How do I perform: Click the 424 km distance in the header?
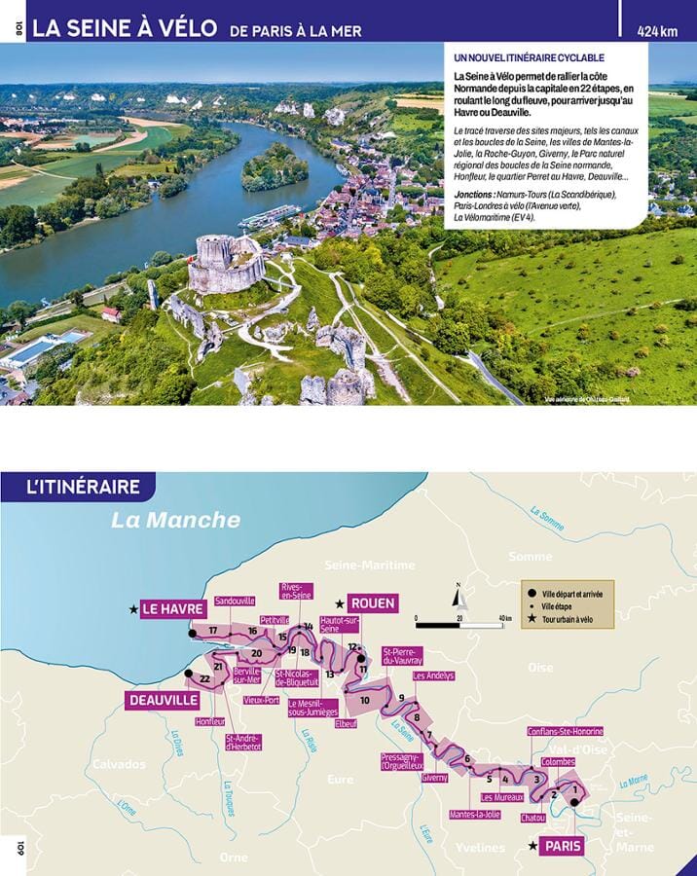[x=657, y=30]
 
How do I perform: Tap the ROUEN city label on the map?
[x=372, y=603]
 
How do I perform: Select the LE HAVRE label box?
[x=172, y=609]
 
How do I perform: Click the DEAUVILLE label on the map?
[x=162, y=700]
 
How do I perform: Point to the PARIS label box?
[x=563, y=846]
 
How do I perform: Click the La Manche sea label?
[x=175, y=520]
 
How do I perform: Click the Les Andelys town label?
[x=433, y=675]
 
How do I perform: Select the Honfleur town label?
[x=209, y=721]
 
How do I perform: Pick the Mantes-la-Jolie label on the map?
[x=475, y=814]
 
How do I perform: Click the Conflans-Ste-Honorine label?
[x=566, y=731]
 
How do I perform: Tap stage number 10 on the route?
[x=364, y=700]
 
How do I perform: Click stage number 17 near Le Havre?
[x=212, y=631]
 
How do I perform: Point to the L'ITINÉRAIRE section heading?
[x=84, y=487]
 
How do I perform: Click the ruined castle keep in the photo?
[x=226, y=263]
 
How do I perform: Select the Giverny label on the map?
[x=434, y=778]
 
